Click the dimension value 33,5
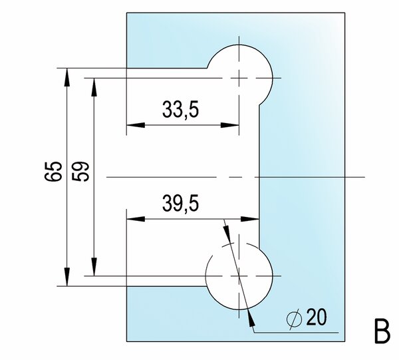(180, 110)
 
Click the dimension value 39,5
(180, 203)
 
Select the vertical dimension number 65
(53, 171)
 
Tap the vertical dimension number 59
(80, 171)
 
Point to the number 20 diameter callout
(317, 317)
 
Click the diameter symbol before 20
(295, 319)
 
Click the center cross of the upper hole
(239, 78)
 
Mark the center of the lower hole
(239, 276)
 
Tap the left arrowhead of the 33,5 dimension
(136, 125)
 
